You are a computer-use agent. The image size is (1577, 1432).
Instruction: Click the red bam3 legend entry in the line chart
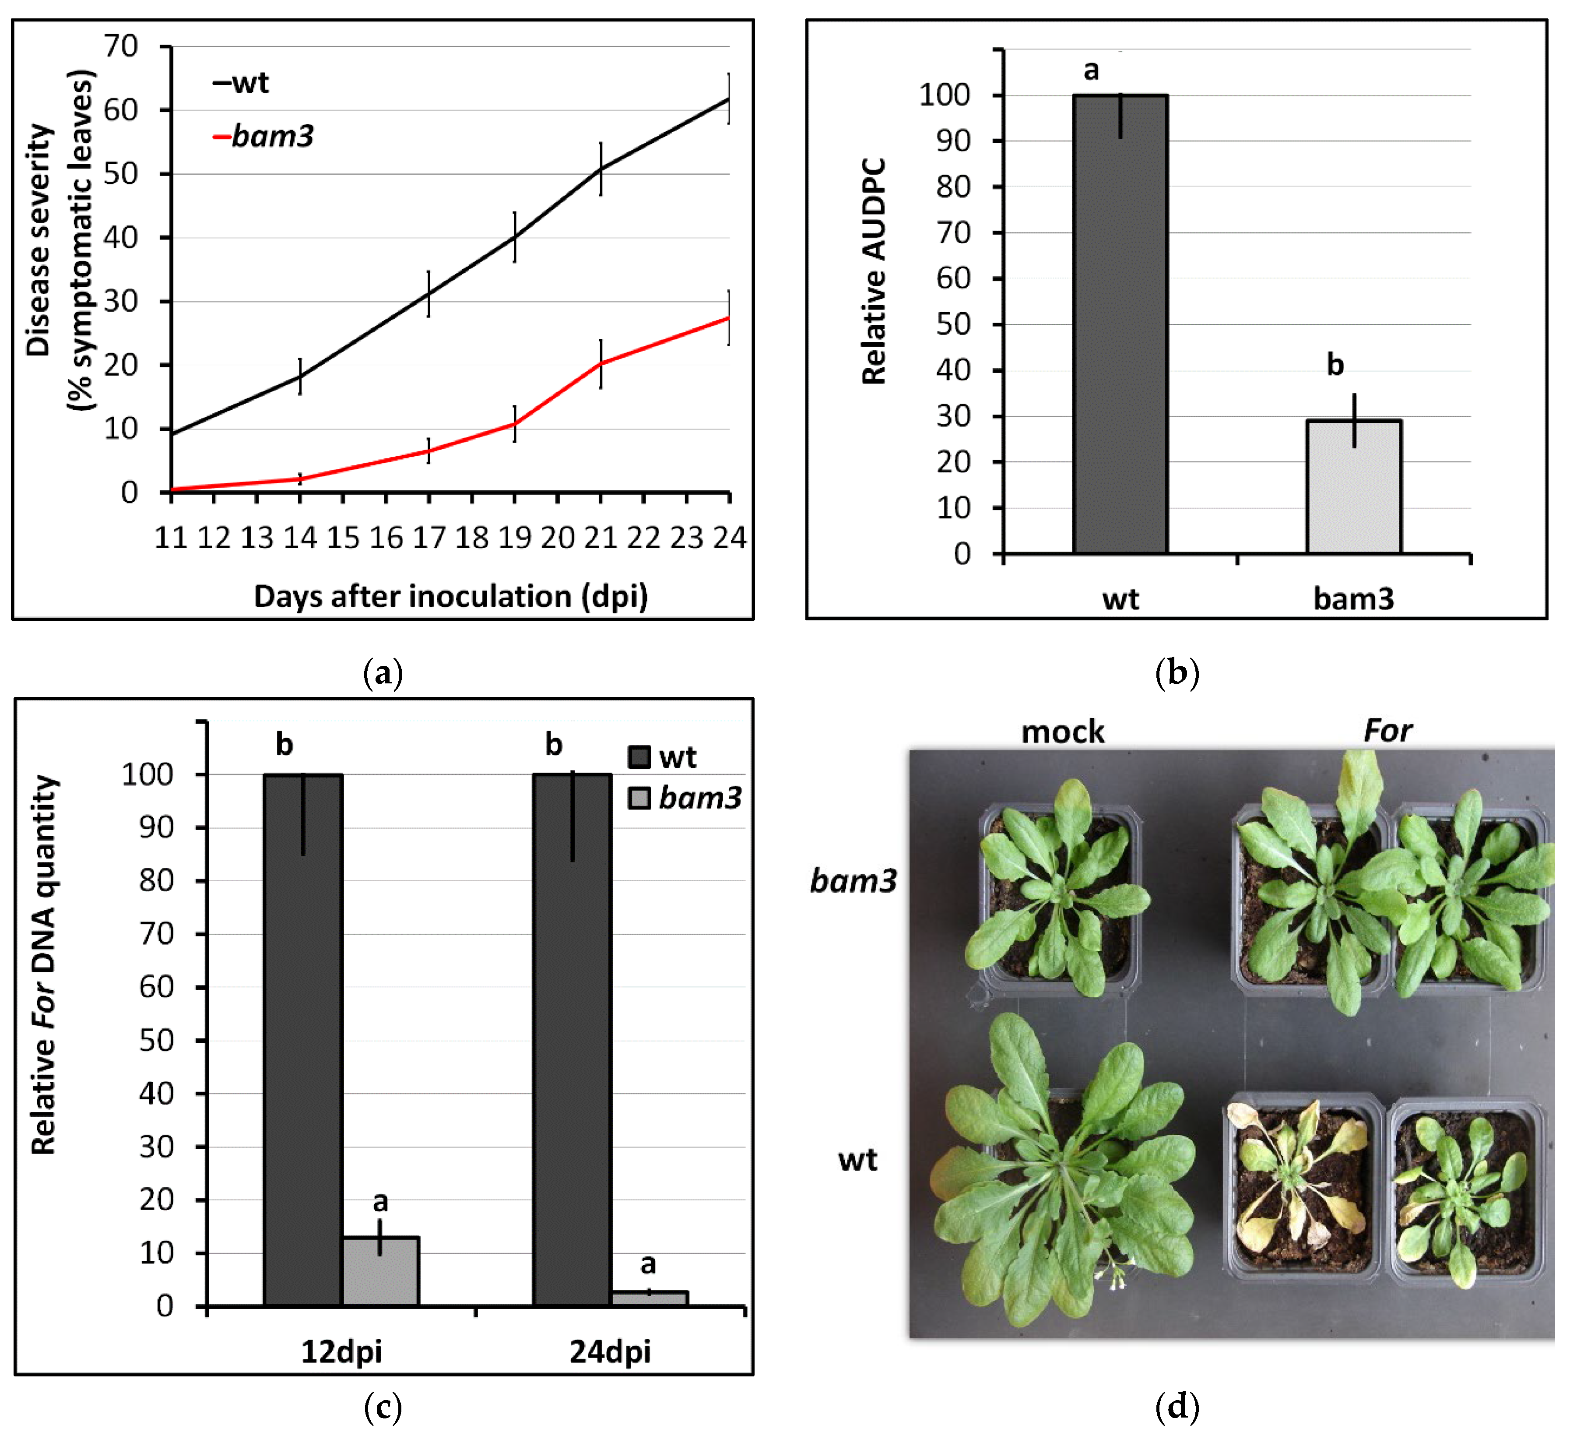click(x=263, y=137)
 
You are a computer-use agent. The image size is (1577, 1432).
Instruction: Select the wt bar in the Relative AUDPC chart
click(x=1120, y=325)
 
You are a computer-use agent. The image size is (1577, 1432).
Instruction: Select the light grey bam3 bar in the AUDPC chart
click(x=1353, y=487)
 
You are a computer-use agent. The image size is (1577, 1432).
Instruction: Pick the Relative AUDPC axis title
click(x=874, y=271)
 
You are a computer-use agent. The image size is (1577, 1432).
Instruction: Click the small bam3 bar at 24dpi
click(x=649, y=1298)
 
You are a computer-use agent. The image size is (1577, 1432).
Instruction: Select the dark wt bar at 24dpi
click(x=572, y=1041)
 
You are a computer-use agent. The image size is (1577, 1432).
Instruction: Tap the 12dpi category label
click(x=342, y=1351)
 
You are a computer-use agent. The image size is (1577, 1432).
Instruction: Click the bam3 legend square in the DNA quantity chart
click(x=639, y=798)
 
